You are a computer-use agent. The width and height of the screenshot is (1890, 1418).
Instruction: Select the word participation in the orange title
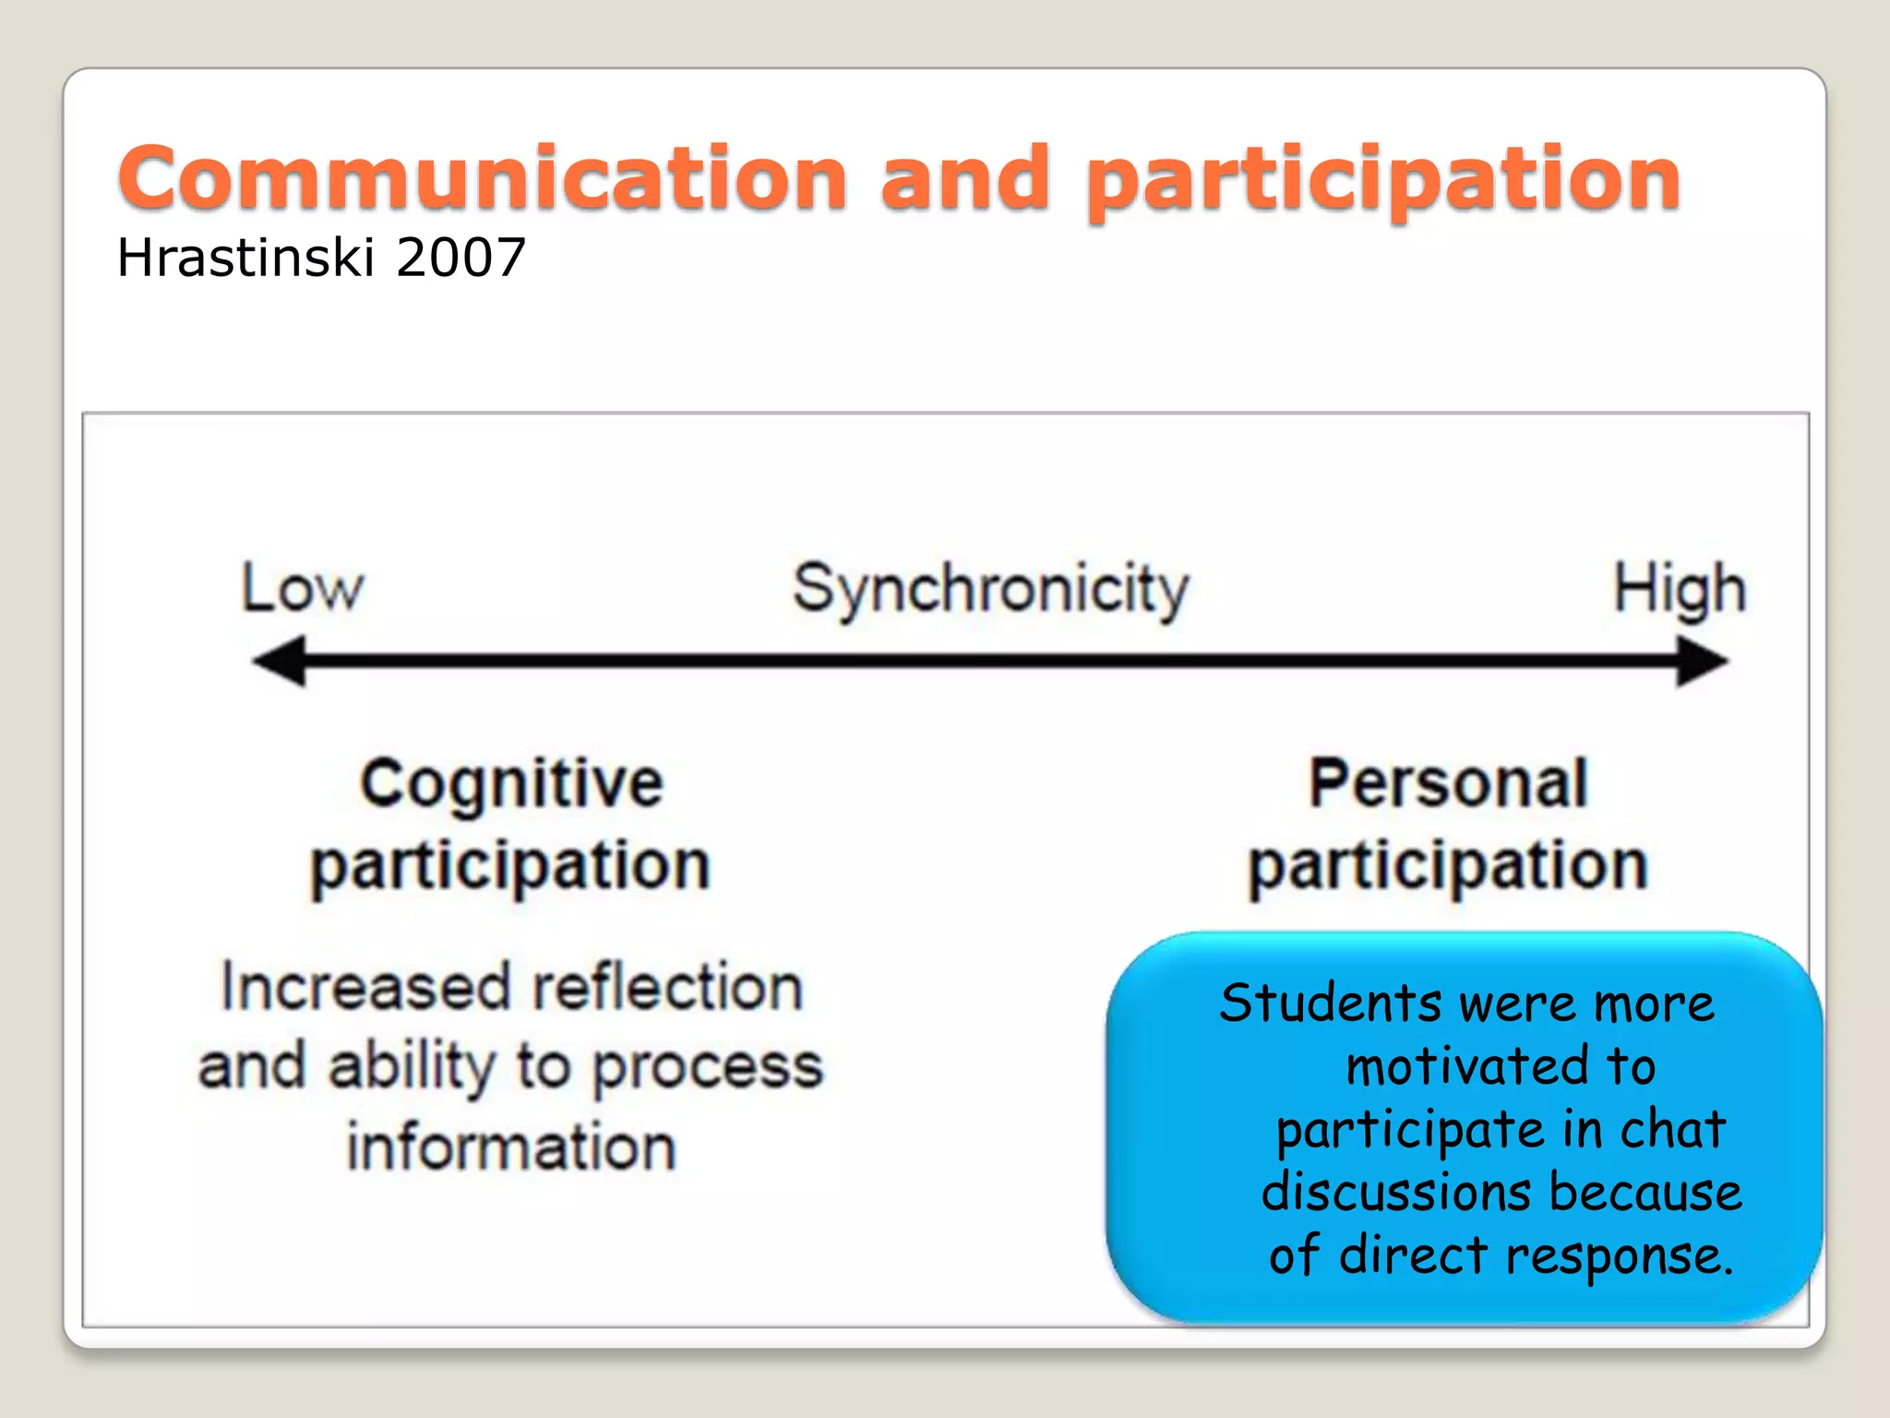(1382, 181)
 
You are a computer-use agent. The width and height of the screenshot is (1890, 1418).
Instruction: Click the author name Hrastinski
(245, 258)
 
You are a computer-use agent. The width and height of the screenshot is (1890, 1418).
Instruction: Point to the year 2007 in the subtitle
(461, 258)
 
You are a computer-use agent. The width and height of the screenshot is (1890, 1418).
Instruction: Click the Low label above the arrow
(303, 588)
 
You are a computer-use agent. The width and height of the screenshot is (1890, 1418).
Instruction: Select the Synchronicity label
(991, 590)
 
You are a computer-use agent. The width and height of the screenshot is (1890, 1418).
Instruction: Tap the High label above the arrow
(1679, 589)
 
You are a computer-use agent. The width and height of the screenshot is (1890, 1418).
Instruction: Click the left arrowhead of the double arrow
(279, 661)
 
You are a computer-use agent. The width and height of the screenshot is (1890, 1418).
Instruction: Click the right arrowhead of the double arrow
(1702, 661)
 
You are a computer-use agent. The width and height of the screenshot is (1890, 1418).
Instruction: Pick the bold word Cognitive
(511, 784)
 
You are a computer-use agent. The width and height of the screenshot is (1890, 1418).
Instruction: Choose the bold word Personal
(1448, 784)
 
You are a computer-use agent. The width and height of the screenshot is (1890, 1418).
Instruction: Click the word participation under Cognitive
(510, 868)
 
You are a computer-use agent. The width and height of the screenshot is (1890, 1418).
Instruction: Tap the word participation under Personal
(1448, 868)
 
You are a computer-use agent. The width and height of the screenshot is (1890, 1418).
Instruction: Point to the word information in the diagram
(511, 1148)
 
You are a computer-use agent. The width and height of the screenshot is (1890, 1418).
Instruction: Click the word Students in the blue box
(1329, 1003)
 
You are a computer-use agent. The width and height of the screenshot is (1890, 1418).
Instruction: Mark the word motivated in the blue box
(1466, 1067)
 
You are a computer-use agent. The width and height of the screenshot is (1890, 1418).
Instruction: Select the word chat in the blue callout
(1671, 1129)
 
